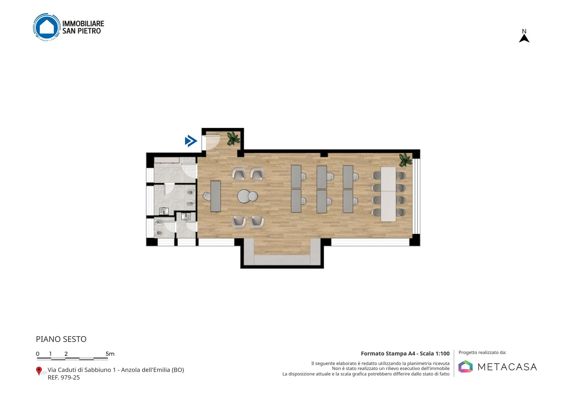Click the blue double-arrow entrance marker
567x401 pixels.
(191, 141)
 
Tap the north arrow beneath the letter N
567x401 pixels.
(524, 39)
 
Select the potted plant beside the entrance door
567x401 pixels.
(233, 138)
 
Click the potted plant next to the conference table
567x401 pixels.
(405, 160)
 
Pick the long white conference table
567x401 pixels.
(388, 194)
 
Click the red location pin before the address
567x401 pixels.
(39, 371)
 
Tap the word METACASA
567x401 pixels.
(507, 367)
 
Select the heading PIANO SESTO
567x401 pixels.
(61, 339)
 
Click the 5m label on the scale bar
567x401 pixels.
(110, 354)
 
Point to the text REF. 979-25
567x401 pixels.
(64, 377)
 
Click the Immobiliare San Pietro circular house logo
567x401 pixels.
(47, 27)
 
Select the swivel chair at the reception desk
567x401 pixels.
(207, 196)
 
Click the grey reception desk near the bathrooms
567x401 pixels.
(216, 196)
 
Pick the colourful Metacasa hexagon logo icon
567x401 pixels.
(465, 366)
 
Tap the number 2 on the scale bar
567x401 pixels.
(66, 354)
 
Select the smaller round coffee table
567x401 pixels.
(253, 196)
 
